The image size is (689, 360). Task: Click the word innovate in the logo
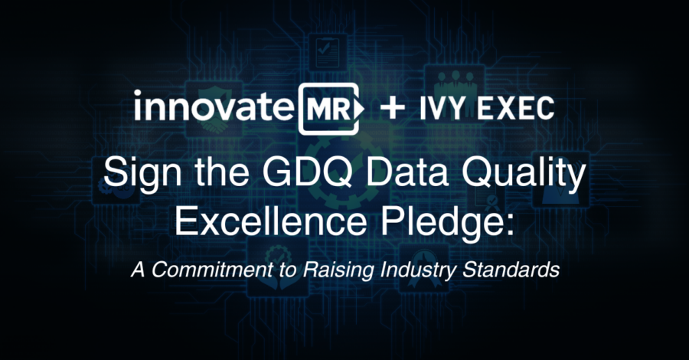click(x=213, y=106)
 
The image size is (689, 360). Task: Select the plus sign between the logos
click(x=393, y=108)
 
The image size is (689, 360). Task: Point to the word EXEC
click(x=516, y=109)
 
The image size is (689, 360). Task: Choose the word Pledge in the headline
click(x=441, y=221)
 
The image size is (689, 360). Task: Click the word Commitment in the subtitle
click(x=211, y=270)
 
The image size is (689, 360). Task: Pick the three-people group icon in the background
click(x=456, y=82)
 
